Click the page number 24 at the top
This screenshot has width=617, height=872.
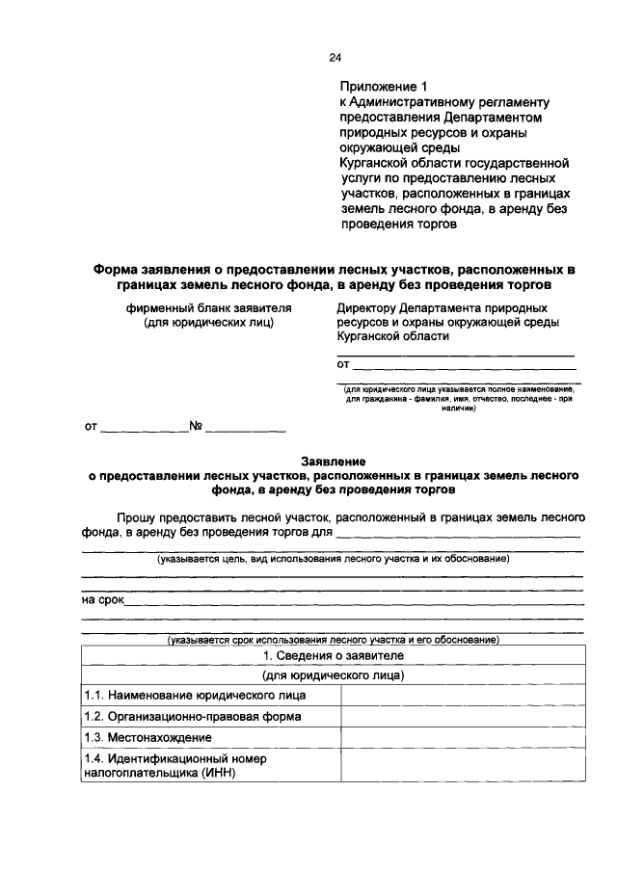click(x=335, y=59)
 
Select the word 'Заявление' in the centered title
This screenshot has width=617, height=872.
click(x=333, y=462)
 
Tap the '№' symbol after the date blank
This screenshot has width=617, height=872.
click(x=195, y=426)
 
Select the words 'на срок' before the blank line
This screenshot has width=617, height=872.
click(x=105, y=600)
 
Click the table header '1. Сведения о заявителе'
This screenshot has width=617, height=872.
click(x=334, y=656)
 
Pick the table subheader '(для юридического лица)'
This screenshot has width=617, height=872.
click(x=334, y=675)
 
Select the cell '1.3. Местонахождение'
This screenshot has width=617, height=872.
click(x=148, y=738)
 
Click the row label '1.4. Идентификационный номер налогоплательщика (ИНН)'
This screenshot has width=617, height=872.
click(x=174, y=765)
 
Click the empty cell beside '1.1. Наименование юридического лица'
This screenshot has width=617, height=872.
click(x=461, y=696)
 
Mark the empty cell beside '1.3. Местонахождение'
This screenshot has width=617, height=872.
click(x=461, y=738)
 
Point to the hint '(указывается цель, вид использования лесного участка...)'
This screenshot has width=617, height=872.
click(x=333, y=560)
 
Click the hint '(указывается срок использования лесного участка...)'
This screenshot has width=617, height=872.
click(x=333, y=640)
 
